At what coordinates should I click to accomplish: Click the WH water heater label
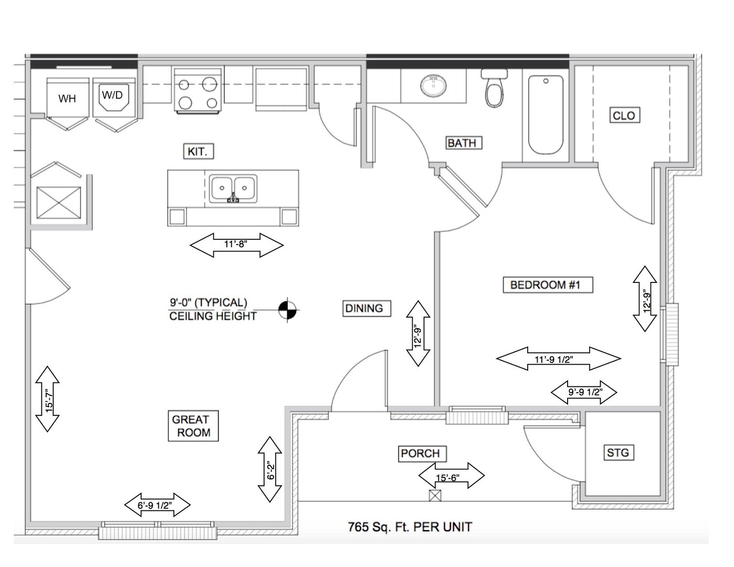pos(67,99)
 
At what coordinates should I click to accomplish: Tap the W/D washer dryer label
pos(112,95)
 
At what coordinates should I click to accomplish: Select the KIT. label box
pos(198,152)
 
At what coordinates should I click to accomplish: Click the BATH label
pos(462,143)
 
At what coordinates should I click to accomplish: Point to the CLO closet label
pos(624,115)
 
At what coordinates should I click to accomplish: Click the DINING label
pos(364,308)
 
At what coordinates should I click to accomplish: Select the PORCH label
pos(420,453)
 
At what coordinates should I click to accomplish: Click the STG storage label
pos(617,452)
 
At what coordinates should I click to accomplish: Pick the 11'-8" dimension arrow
pos(236,245)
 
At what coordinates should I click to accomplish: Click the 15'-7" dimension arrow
pos(47,399)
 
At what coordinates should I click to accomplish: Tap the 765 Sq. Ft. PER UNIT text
pos(410,527)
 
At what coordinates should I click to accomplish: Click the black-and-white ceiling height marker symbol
pos(287,310)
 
